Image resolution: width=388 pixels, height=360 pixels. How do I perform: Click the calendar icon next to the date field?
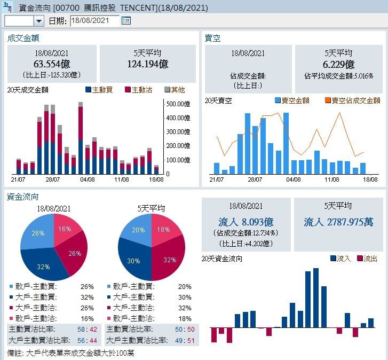(126, 21)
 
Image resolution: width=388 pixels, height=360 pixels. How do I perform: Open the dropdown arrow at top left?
(39, 21)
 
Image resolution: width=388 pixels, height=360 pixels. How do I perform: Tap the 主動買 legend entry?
(99, 90)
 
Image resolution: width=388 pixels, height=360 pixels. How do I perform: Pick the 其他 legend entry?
(174, 90)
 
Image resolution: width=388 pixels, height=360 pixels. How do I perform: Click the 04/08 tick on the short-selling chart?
(294, 179)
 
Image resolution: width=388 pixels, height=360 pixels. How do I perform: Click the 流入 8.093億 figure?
(246, 222)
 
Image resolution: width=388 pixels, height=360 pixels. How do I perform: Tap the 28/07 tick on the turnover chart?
(52, 179)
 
